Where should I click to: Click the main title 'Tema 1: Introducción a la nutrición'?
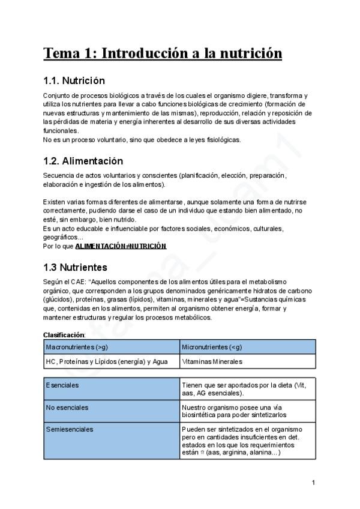(163, 53)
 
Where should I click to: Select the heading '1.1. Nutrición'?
(74, 80)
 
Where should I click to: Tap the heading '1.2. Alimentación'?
(83, 161)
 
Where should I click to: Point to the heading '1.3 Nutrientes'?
(75, 267)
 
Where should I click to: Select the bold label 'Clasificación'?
(64, 334)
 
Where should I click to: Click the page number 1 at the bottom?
(313, 482)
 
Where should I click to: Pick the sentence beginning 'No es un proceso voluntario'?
(142, 140)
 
